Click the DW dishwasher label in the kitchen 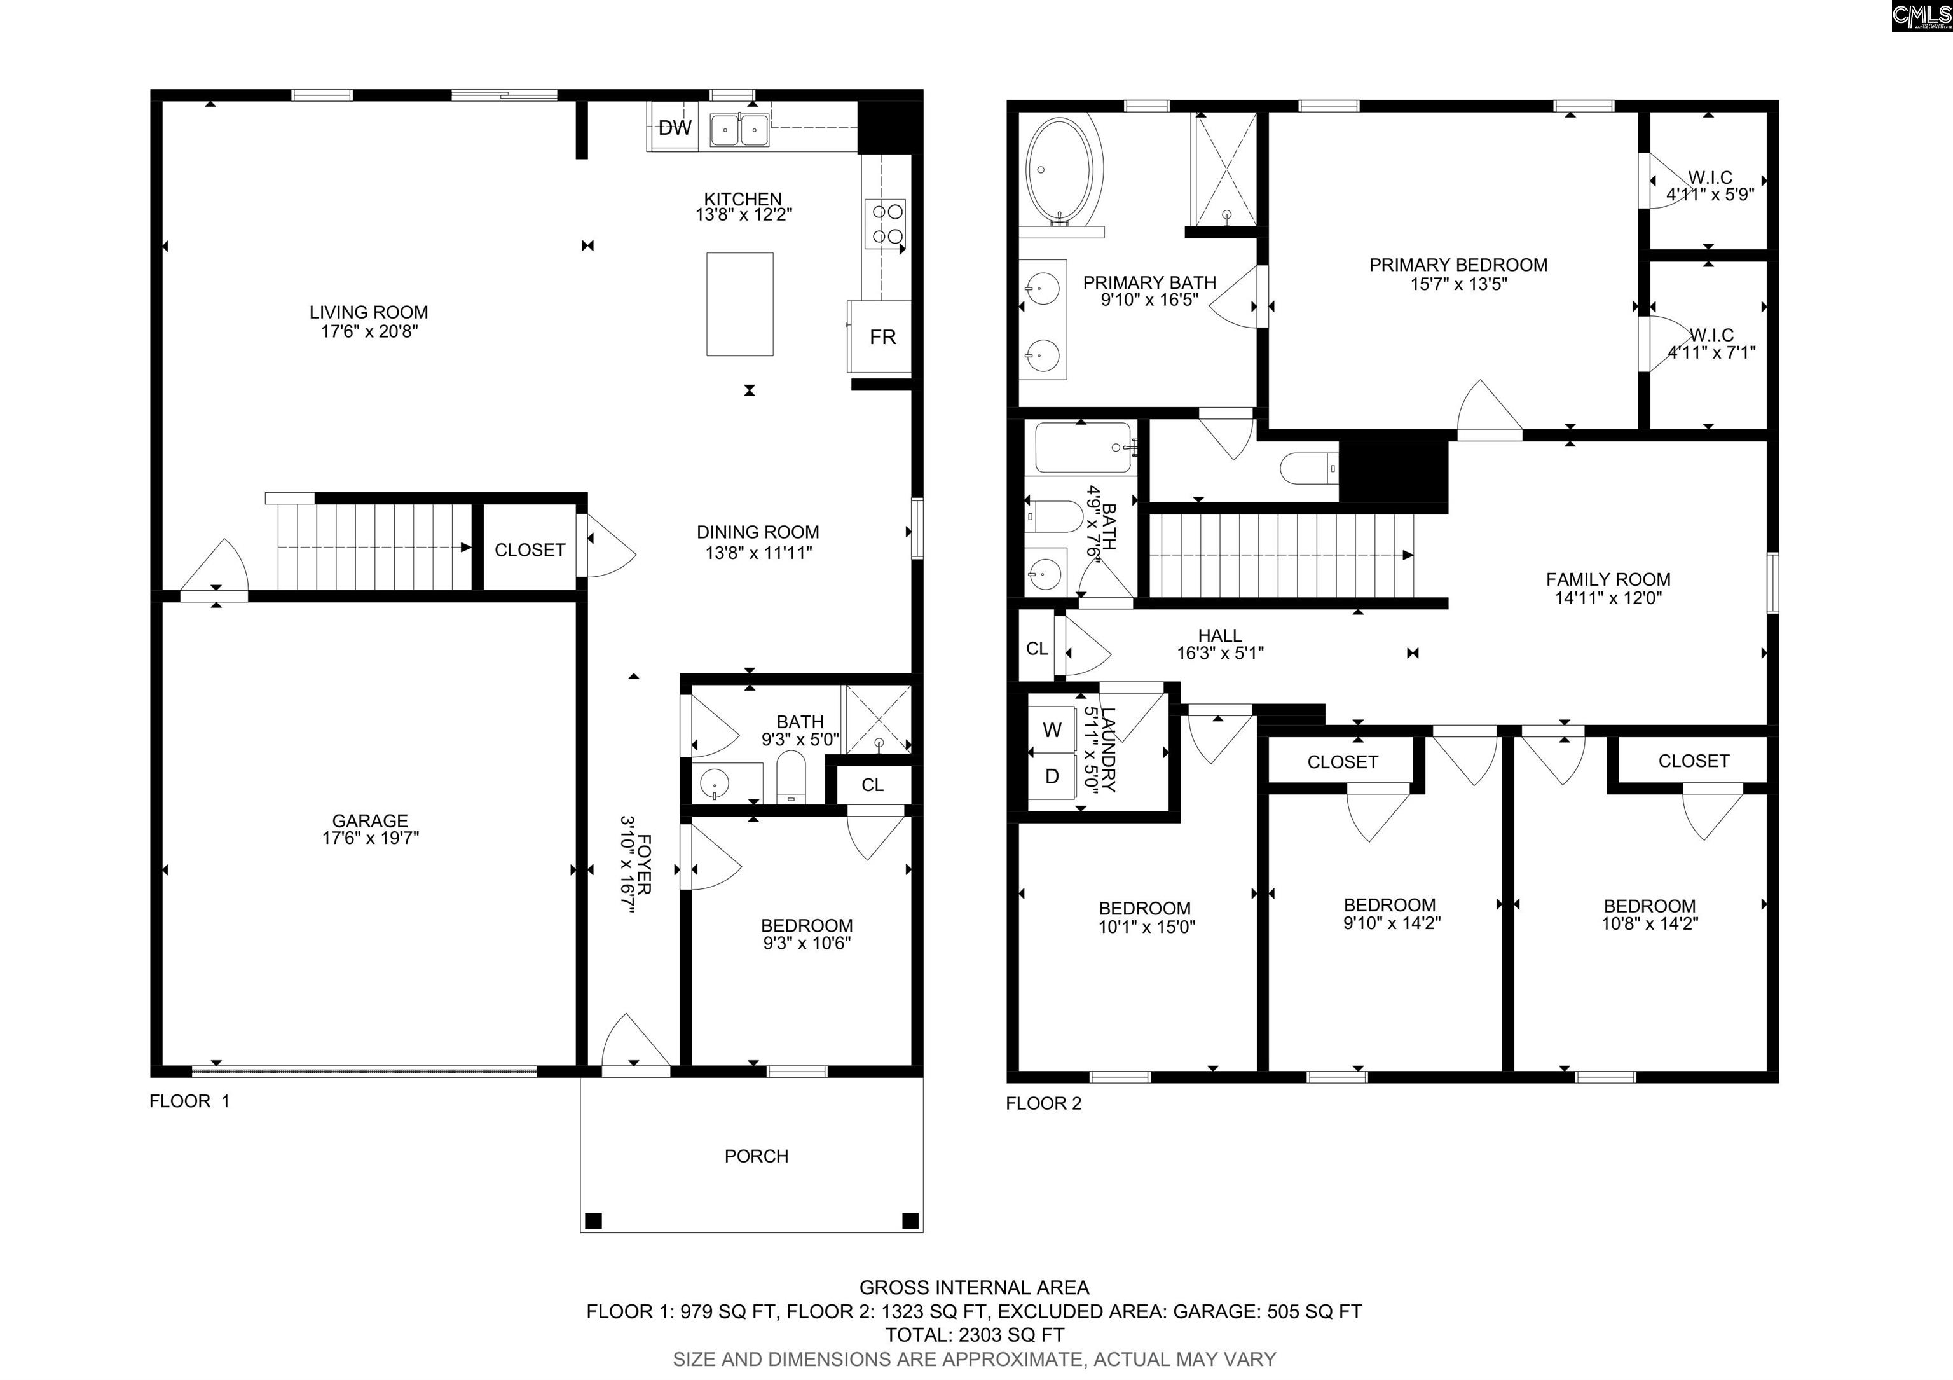675,128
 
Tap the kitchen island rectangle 740,304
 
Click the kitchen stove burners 886,224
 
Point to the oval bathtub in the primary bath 1063,170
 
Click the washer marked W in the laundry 1052,729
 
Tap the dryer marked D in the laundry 1052,776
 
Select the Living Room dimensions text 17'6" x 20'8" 369,331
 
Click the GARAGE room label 370,820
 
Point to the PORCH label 756,1156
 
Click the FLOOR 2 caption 1044,1103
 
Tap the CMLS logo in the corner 1921,15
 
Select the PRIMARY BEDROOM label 1458,265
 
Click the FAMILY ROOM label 1608,579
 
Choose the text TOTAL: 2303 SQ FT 975,1335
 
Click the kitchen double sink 739,130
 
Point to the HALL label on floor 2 1220,635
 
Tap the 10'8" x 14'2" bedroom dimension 1649,923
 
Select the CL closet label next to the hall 1037,648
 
